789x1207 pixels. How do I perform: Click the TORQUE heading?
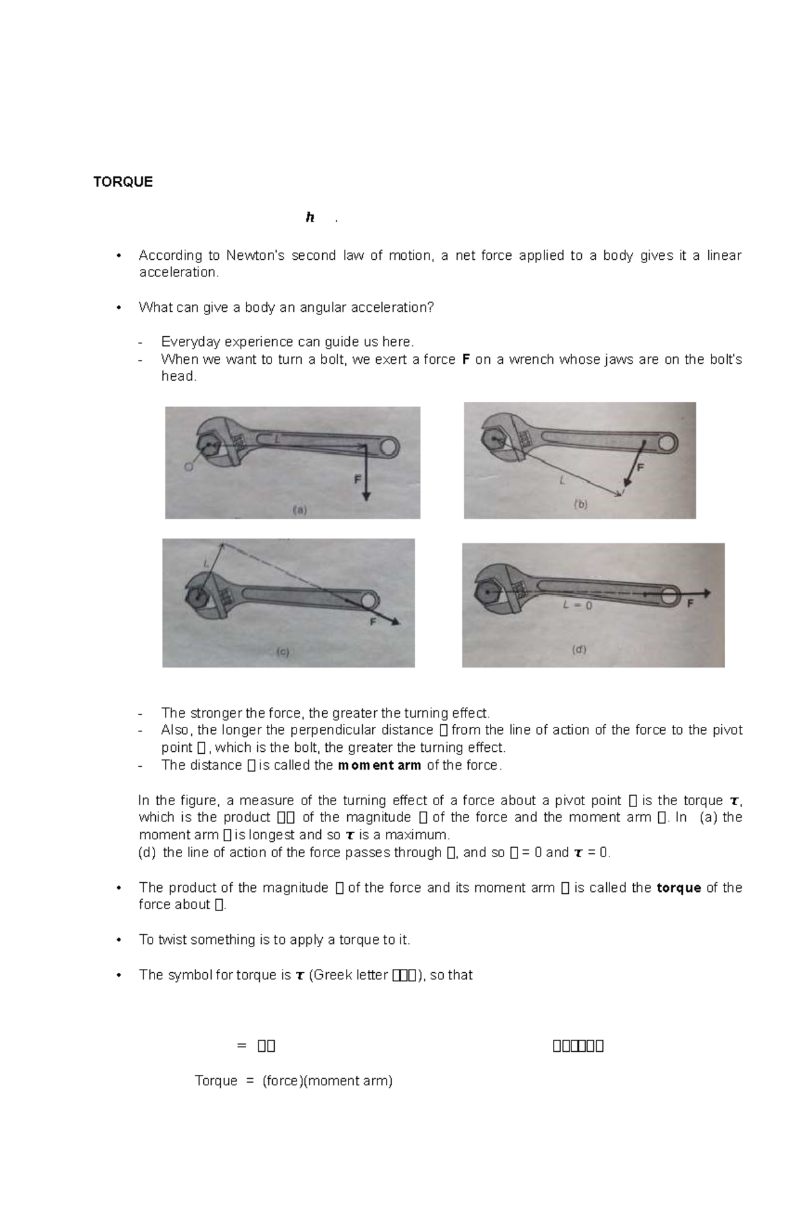pyautogui.click(x=123, y=182)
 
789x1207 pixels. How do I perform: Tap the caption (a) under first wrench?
pyautogui.click(x=299, y=509)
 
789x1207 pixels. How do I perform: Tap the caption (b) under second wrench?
pyautogui.click(x=581, y=505)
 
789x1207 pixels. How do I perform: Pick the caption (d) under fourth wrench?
pyautogui.click(x=579, y=649)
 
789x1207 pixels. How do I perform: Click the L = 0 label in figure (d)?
pyautogui.click(x=577, y=606)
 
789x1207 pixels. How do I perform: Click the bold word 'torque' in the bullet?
pyautogui.click(x=679, y=887)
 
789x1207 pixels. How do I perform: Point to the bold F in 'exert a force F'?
pyautogui.click(x=466, y=359)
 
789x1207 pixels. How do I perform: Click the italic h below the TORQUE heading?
pyautogui.click(x=310, y=218)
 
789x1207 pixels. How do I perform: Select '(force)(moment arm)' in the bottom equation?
pyautogui.click(x=327, y=1080)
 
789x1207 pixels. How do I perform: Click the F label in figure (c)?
pyautogui.click(x=373, y=622)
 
